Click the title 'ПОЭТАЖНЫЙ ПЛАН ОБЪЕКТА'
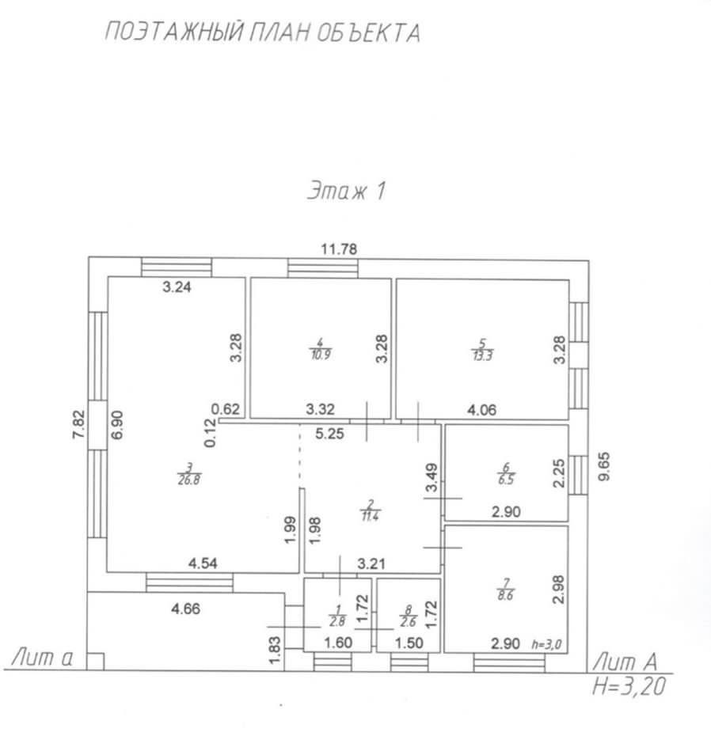(x=262, y=32)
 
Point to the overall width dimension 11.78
(x=339, y=248)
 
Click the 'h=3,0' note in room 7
(x=546, y=645)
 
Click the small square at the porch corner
(x=95, y=659)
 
